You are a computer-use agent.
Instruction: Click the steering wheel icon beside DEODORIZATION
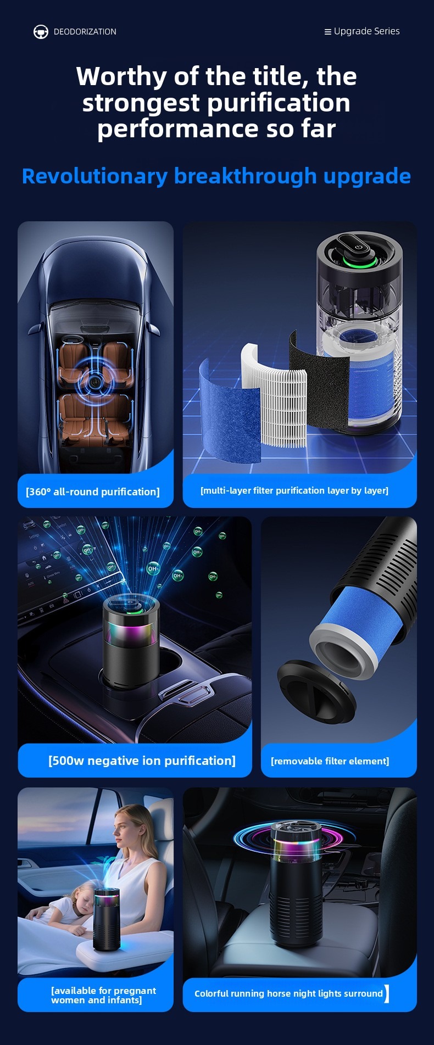coord(41,32)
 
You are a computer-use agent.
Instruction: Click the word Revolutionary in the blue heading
coord(94,176)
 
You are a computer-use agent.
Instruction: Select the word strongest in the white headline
coord(141,103)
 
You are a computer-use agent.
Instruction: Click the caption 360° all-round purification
coord(93,491)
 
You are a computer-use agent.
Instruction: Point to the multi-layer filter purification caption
coord(294,490)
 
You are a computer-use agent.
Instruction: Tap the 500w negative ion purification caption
coord(142,761)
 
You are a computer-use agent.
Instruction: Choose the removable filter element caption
coord(330,761)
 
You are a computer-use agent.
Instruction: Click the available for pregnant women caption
coord(103,995)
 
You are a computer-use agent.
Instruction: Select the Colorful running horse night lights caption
coord(288,993)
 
